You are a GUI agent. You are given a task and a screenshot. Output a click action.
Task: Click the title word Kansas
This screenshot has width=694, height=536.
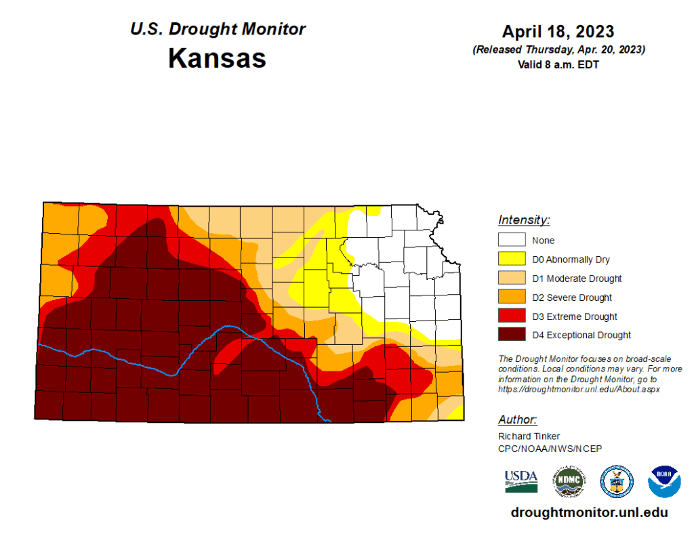coord(217,58)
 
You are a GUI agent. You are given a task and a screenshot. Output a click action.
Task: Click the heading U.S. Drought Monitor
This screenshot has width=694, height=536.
coord(217,29)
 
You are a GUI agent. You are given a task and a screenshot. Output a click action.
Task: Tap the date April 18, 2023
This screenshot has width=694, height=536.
coord(558,31)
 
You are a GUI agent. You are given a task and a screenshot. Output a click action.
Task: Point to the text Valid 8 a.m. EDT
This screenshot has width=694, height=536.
coord(558,64)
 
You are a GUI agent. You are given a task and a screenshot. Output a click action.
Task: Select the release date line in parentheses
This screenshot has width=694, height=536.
coord(558,49)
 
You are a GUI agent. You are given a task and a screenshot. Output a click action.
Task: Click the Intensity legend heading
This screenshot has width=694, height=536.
coord(524,220)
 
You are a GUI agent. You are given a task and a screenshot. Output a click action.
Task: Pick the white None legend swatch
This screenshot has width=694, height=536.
coord(512,240)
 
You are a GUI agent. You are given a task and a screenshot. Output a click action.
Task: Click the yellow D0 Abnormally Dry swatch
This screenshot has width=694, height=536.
coord(512,259)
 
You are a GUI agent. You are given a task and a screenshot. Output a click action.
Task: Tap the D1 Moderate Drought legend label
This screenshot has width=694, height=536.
coord(577,279)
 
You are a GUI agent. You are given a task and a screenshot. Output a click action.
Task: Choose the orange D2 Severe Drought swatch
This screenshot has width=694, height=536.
coord(512,297)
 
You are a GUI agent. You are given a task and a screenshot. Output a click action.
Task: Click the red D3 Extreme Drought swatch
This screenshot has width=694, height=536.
coord(512,316)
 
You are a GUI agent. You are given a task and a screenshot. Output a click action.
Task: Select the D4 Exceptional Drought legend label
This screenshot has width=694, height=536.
coord(581,335)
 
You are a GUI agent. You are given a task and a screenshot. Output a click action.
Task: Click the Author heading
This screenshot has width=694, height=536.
coord(518,419)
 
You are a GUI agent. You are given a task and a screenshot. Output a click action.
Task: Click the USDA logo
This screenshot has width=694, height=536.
coord(520,481)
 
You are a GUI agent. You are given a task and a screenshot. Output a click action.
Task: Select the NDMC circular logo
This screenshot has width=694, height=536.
coord(569,481)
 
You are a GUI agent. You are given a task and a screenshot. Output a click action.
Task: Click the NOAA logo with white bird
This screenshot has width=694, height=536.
coord(664,481)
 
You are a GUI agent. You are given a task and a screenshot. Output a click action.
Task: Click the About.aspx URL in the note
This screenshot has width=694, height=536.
coord(579,390)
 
